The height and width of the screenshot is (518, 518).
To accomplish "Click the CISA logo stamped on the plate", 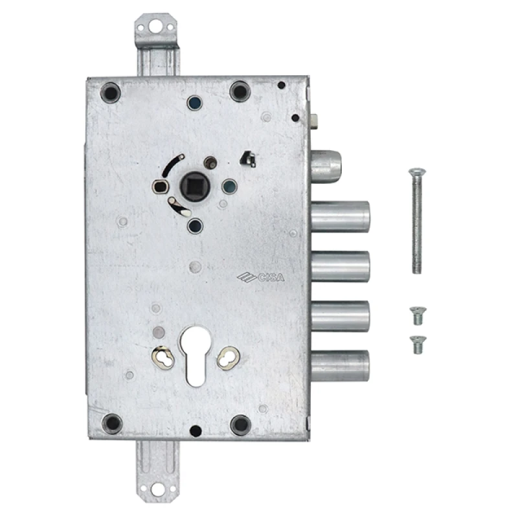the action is point(261,277).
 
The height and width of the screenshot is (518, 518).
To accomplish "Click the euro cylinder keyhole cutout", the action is point(196,356).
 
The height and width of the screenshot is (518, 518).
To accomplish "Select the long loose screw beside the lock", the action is point(417,221).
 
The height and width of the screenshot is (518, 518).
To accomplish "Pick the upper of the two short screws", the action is point(418,316).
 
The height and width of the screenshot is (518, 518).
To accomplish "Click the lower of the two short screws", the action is point(418,345).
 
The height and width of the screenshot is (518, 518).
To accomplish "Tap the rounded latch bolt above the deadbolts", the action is point(326,166).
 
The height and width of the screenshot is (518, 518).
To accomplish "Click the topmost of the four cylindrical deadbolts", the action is point(341,217).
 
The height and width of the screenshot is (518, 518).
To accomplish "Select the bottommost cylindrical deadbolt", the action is point(341,366).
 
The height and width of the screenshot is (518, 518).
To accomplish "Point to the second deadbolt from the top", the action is point(341,267).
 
